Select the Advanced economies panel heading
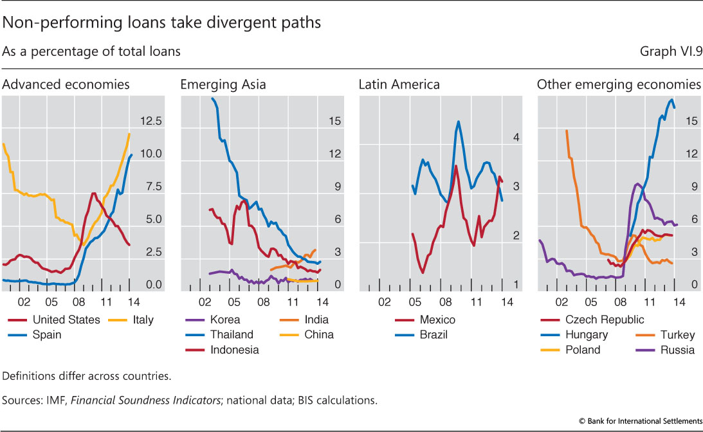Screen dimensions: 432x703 coord(66,84)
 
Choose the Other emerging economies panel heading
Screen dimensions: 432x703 coord(618,84)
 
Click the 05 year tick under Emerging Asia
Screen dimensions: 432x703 coord(235,300)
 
